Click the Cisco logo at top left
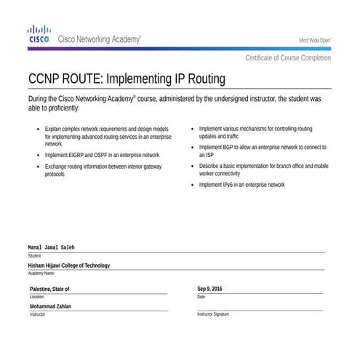(39, 35)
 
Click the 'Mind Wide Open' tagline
(315, 40)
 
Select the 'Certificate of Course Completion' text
(287, 58)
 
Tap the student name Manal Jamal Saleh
(52, 248)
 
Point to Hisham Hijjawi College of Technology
(69, 265)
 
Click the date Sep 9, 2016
(209, 289)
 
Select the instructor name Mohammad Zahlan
(50, 306)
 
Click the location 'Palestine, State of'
(49, 289)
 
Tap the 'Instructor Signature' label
(212, 314)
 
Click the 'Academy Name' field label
(41, 273)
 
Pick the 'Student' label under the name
(34, 256)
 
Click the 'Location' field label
(36, 297)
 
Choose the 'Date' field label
(201, 297)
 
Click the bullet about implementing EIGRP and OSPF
(102, 155)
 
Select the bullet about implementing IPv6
(241, 185)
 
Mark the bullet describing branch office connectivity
(263, 170)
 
